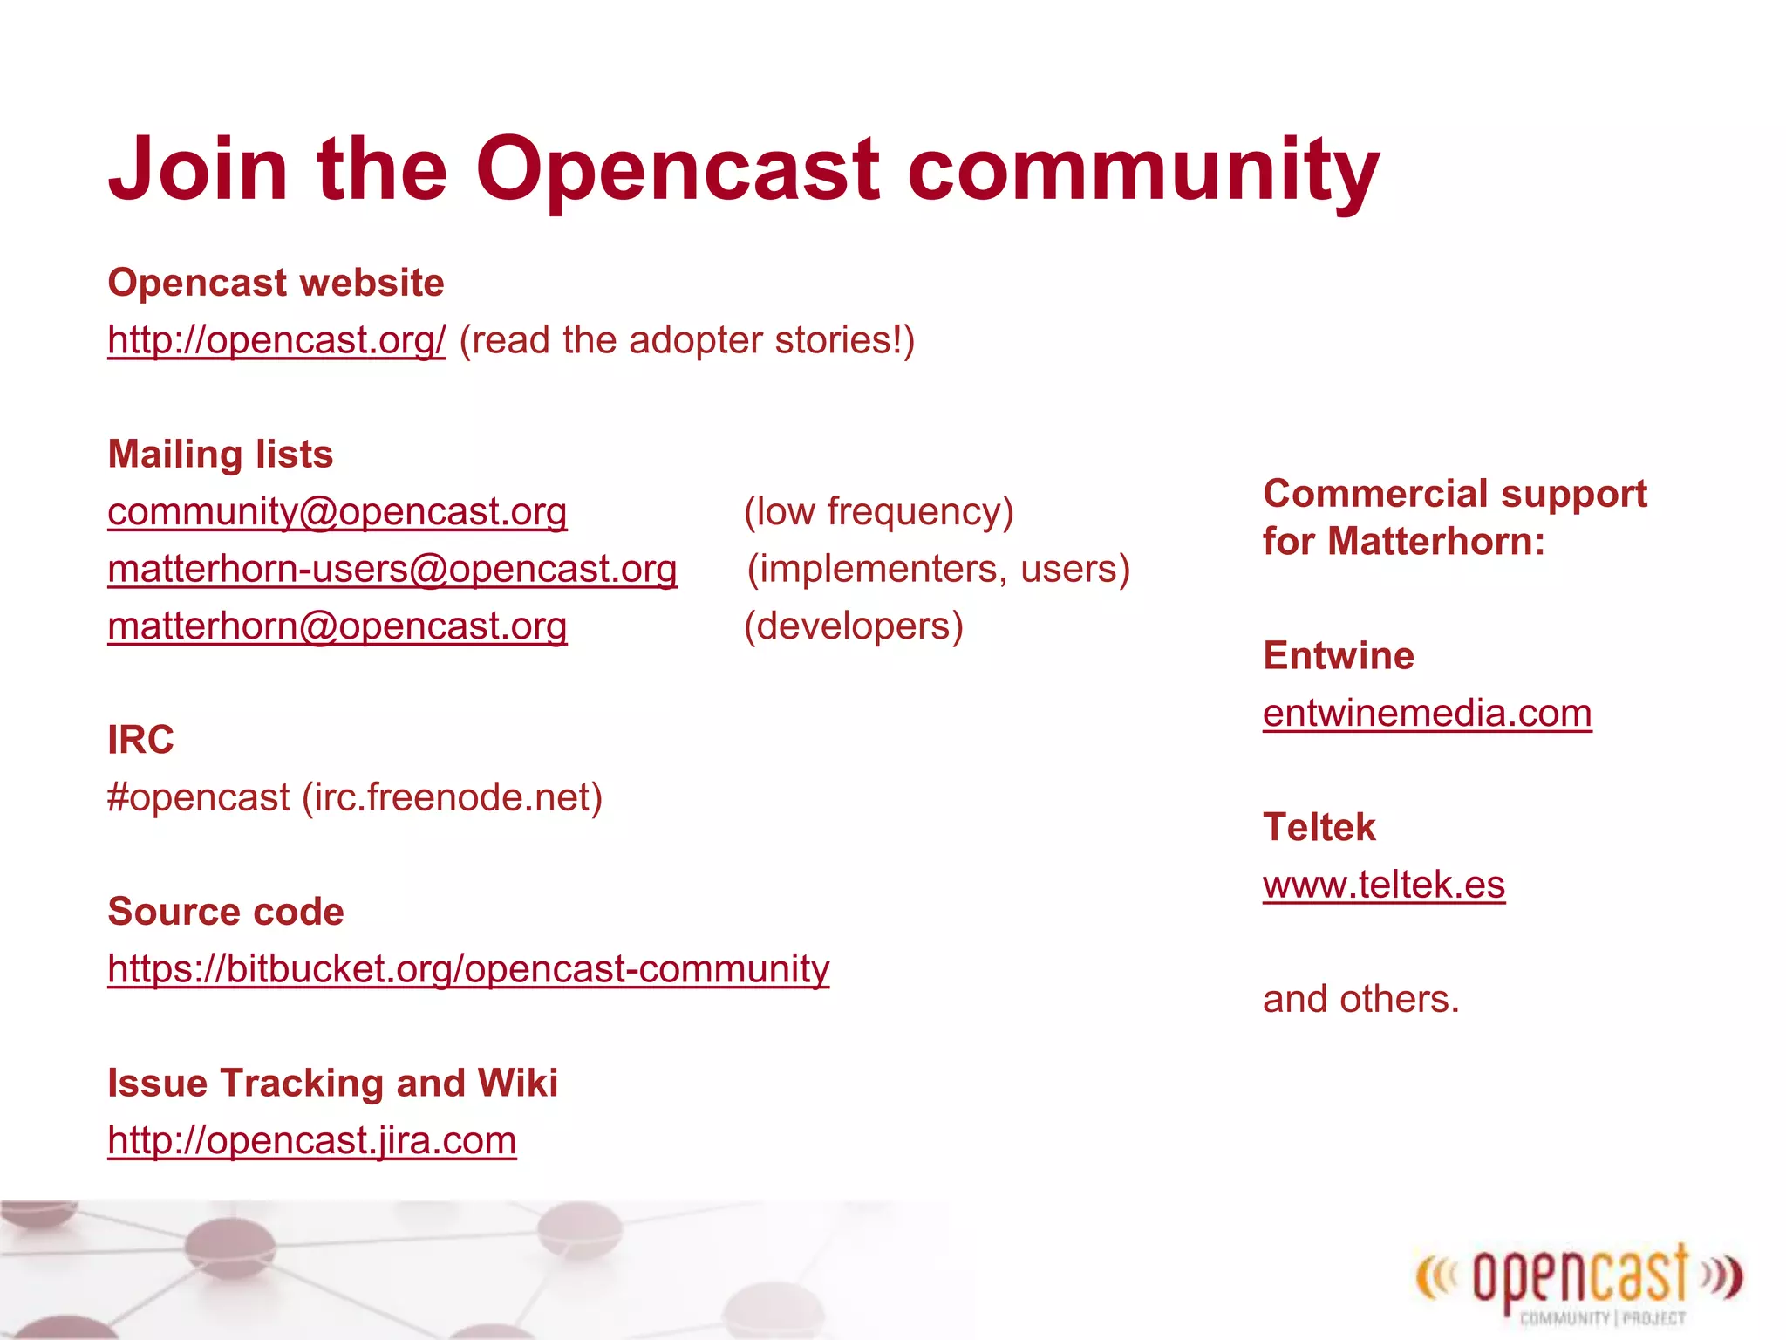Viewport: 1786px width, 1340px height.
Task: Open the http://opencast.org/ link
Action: [276, 339]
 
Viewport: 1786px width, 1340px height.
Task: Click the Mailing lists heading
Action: [221, 455]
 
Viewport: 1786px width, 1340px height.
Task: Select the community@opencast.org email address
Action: [337, 511]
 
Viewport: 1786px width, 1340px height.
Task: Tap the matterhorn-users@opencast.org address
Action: [392, 569]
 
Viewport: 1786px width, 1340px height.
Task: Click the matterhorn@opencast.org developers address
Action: [337, 626]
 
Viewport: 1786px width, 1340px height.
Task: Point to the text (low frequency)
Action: [878, 511]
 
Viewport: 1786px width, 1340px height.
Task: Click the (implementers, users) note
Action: [938, 569]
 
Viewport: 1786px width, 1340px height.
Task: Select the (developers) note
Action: [853, 626]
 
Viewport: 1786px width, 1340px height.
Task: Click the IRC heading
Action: [140, 740]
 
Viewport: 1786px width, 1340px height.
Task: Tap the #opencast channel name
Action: [199, 797]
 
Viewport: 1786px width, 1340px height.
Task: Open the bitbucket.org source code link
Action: [468, 968]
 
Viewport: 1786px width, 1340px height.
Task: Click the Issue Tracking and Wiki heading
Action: [332, 1083]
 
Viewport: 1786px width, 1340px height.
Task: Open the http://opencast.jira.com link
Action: [312, 1140]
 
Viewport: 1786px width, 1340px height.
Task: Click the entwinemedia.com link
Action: [1427, 714]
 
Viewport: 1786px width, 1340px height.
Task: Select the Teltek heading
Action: [1319, 827]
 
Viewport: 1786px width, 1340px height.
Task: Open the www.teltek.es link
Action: [1384, 885]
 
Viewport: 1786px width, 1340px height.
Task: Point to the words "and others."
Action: [1360, 999]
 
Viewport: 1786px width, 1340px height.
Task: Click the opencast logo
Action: [1578, 1280]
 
